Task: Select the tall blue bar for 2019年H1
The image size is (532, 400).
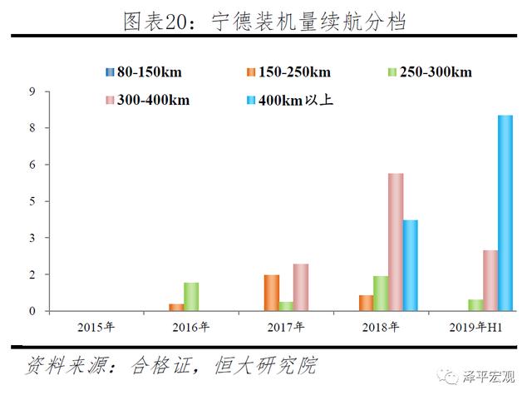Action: [x=505, y=213]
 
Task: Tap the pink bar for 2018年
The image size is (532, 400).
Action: [x=395, y=242]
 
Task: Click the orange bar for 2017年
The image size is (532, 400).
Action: [x=271, y=293]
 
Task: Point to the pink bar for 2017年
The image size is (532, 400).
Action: [x=300, y=288]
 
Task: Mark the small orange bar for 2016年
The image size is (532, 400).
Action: [x=176, y=308]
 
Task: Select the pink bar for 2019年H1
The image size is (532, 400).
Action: [x=490, y=280]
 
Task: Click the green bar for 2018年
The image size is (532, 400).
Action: [x=381, y=294]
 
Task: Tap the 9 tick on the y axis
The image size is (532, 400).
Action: [x=34, y=91]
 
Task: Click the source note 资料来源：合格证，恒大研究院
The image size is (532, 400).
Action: [x=170, y=365]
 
